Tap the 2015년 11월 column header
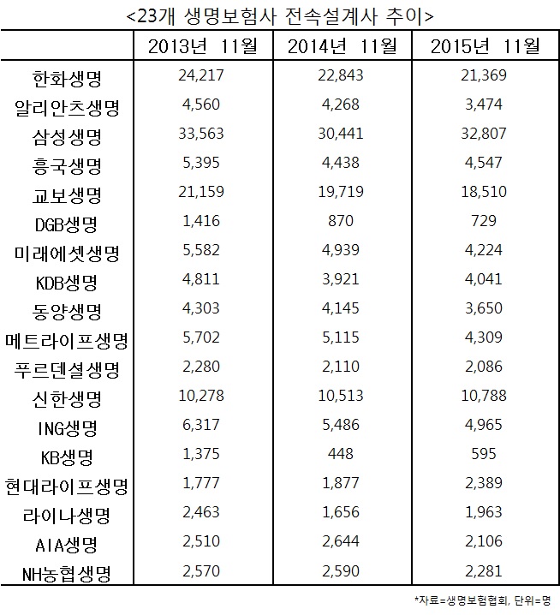[483, 45]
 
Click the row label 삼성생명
[65, 134]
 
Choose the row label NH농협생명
[65, 572]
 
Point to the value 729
[483, 221]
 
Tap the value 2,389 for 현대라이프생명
[483, 484]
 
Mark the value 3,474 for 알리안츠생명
[483, 104]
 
